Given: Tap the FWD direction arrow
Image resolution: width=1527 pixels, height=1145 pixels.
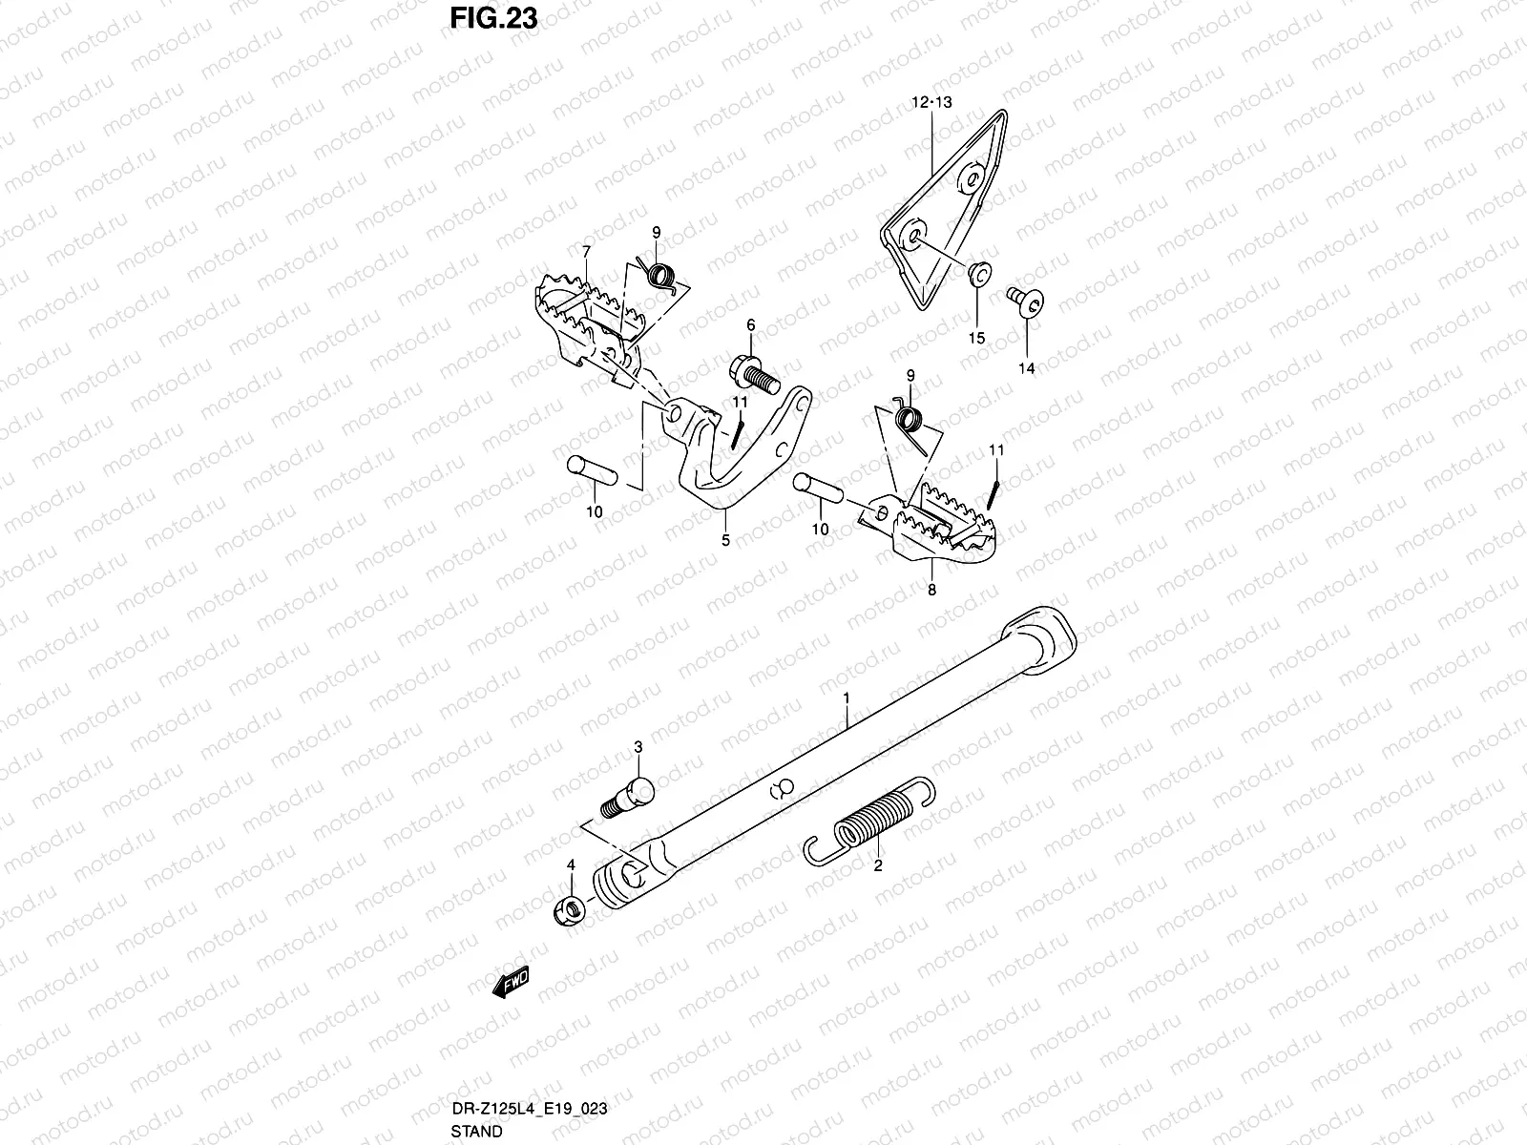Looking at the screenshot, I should tap(511, 983).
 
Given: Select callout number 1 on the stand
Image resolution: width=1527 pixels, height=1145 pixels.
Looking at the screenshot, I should tap(846, 699).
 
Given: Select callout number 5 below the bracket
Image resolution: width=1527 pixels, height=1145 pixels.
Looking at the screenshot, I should tap(725, 541).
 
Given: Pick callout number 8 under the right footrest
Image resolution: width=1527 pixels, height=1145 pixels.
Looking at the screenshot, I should tap(931, 590).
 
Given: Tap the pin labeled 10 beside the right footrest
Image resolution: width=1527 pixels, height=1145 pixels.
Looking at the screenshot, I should tap(816, 486).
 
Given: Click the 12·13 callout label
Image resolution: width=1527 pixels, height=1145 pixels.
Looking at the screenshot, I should tap(931, 101).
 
